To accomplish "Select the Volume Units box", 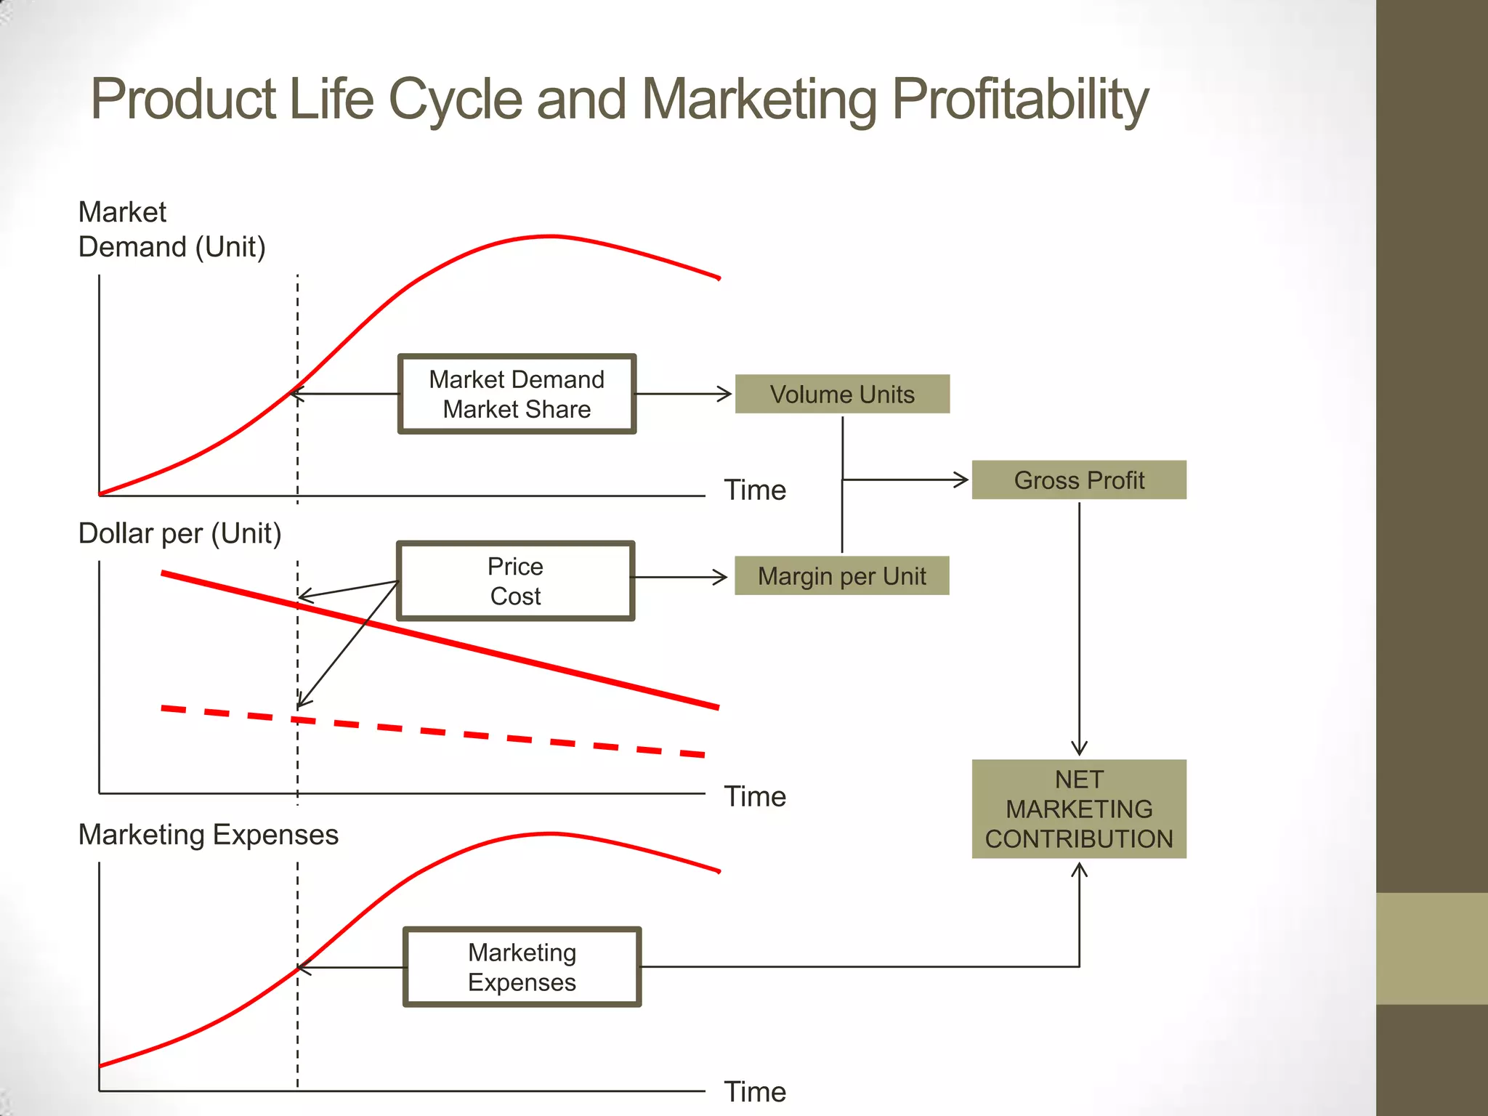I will [x=842, y=395].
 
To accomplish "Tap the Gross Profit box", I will [x=1079, y=480].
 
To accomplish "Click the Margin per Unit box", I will [x=841, y=576].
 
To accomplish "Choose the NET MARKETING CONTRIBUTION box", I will [x=1079, y=809].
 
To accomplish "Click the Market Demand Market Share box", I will [x=517, y=395].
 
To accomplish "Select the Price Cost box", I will [x=515, y=581].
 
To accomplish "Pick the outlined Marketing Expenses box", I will [x=522, y=967].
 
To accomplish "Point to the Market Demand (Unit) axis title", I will [x=171, y=230].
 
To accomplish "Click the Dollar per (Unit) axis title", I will [x=179, y=533].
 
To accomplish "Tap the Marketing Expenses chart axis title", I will [x=208, y=835].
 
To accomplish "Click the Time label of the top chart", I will [x=755, y=490].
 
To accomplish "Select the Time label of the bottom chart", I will [x=755, y=1092].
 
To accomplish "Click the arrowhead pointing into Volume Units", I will [x=724, y=394].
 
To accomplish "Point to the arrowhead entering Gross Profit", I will [x=961, y=480].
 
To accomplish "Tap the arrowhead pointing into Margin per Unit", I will [x=720, y=578].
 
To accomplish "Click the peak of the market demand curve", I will [x=550, y=236].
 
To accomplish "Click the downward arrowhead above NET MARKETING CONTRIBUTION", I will [x=1079, y=748].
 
